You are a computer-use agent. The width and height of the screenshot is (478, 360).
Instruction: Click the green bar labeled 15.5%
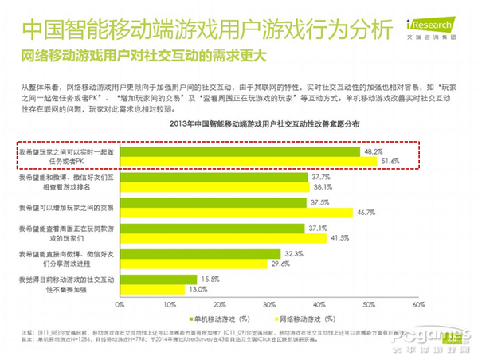pyautogui.click(x=158, y=278)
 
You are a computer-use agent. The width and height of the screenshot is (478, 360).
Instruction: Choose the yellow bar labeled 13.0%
pyautogui.click(x=151, y=289)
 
